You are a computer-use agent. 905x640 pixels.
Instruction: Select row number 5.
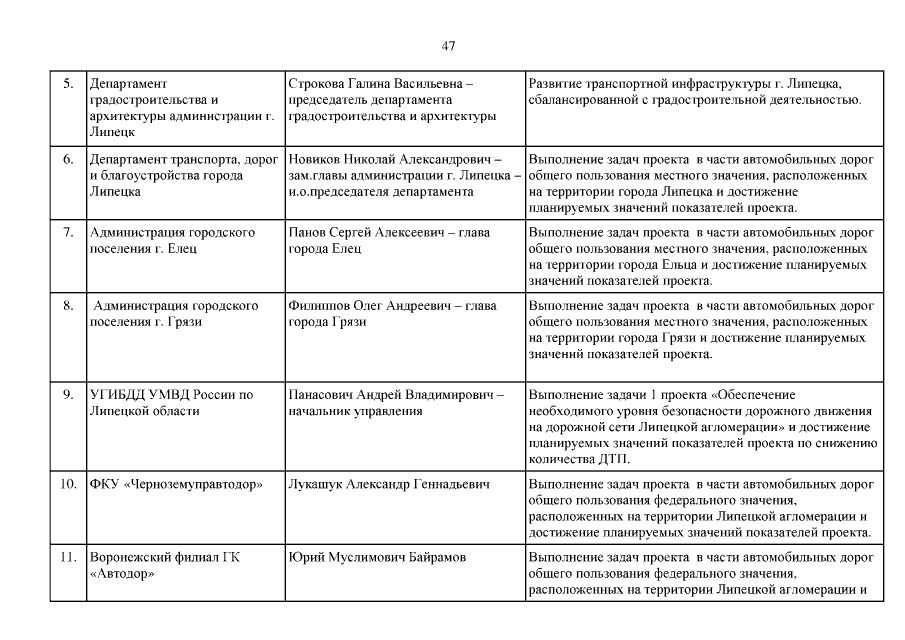69,83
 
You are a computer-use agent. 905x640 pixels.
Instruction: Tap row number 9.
69,395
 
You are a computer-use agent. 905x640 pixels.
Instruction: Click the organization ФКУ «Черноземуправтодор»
176,485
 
